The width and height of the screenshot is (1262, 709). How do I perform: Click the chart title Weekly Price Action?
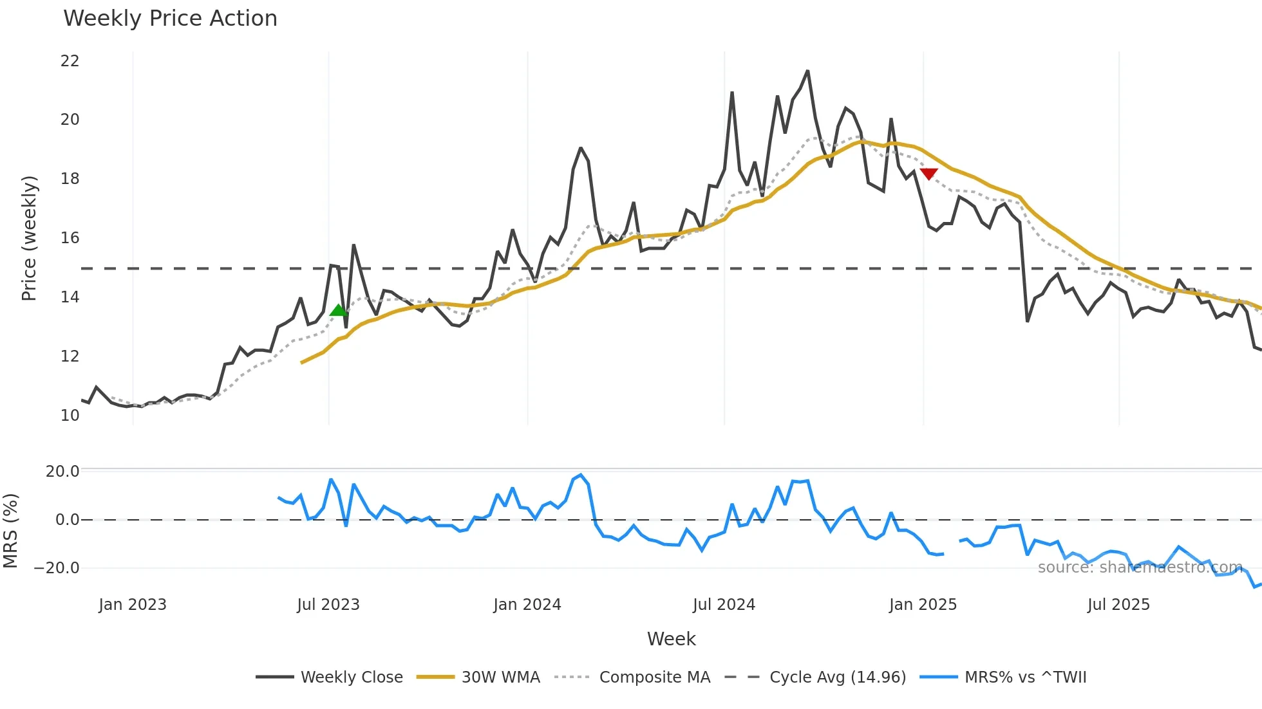[x=170, y=19]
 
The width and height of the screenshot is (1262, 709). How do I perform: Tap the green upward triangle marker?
[x=338, y=311]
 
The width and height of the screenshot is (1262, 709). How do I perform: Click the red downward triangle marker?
[x=928, y=174]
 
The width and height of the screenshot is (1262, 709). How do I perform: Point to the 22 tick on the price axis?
[x=70, y=61]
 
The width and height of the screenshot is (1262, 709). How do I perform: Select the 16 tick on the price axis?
[x=70, y=238]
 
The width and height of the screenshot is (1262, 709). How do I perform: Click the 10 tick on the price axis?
[x=70, y=416]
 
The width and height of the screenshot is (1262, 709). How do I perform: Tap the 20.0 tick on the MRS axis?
[x=62, y=472]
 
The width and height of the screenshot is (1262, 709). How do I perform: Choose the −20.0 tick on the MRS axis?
[x=57, y=568]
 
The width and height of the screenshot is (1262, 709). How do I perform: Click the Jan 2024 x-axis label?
[x=527, y=605]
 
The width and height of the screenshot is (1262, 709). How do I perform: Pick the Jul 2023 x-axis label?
[x=328, y=605]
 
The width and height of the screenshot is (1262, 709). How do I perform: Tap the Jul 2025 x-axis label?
[x=1118, y=605]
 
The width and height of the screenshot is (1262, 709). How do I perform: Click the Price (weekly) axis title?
[x=29, y=238]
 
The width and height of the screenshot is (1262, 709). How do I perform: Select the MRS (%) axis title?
[x=10, y=531]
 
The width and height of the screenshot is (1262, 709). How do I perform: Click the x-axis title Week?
[x=671, y=639]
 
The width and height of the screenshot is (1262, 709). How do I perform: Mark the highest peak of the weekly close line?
[x=807, y=71]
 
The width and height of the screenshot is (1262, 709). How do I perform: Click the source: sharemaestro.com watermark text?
[x=1140, y=567]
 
